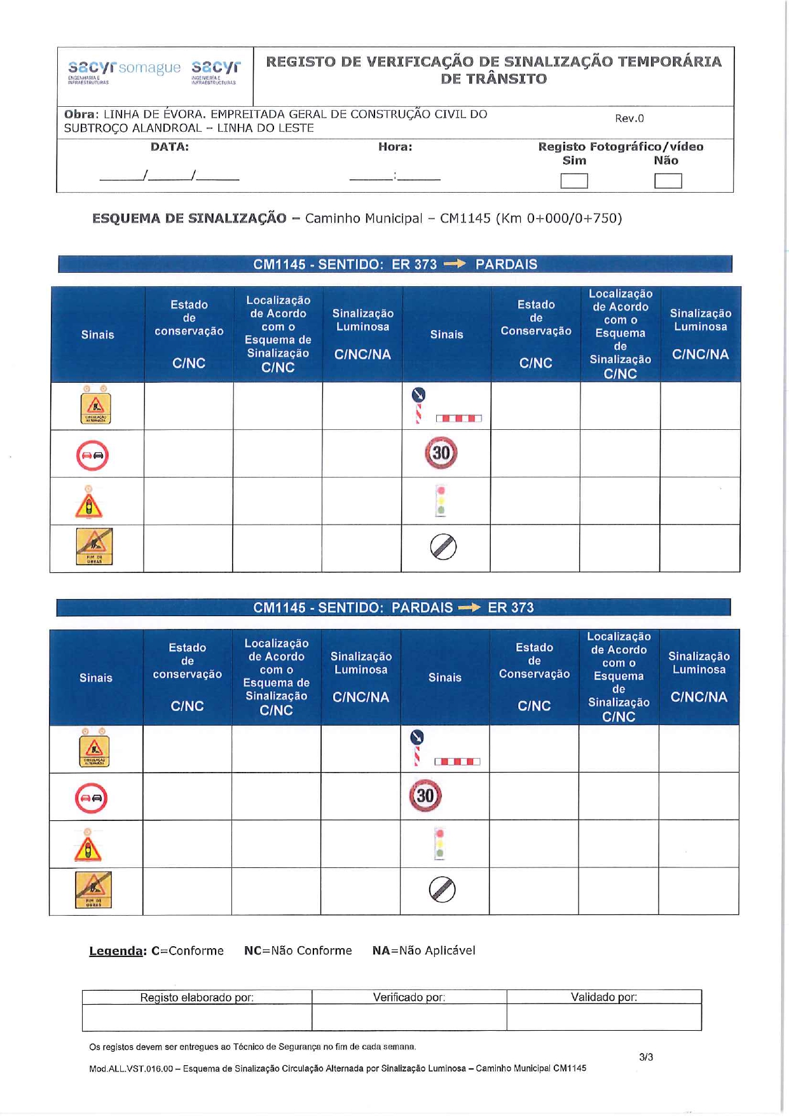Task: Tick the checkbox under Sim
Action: (573, 181)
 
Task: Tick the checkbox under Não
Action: (668, 181)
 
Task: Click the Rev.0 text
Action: (629, 118)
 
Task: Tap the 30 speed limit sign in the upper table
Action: (441, 453)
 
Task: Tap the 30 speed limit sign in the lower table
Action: (425, 796)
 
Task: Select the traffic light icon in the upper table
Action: (441, 500)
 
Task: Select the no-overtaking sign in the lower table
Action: (91, 798)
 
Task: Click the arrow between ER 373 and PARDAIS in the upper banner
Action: (455, 264)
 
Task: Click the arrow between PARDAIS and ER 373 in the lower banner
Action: (470, 607)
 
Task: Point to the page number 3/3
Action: (646, 1057)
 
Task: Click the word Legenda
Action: (117, 951)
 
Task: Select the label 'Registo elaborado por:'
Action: (196, 997)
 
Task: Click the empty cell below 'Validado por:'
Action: (603, 1017)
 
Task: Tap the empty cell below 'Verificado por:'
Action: (409, 1017)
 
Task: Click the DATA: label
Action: (169, 147)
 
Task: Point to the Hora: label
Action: (395, 147)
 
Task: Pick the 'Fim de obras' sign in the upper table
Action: (94, 546)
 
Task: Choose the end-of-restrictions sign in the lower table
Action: (443, 890)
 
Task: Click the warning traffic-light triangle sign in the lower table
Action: (88, 846)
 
